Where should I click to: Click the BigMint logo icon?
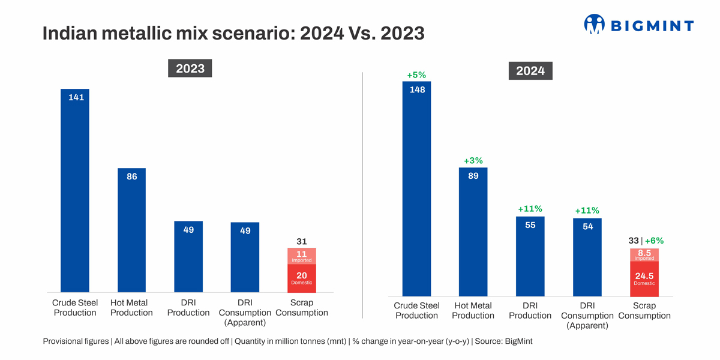594,25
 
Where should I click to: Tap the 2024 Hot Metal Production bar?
473,234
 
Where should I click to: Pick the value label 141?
76,97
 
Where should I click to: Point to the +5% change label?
416,75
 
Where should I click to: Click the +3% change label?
473,161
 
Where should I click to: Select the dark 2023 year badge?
190,68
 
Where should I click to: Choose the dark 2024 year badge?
530,71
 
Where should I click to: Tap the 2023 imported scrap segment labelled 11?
302,256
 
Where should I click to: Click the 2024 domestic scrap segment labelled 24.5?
644,278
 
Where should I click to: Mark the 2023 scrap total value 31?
302,241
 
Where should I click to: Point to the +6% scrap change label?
655,241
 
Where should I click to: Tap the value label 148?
417,89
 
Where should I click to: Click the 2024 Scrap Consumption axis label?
644,311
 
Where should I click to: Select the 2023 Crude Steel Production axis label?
75,308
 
